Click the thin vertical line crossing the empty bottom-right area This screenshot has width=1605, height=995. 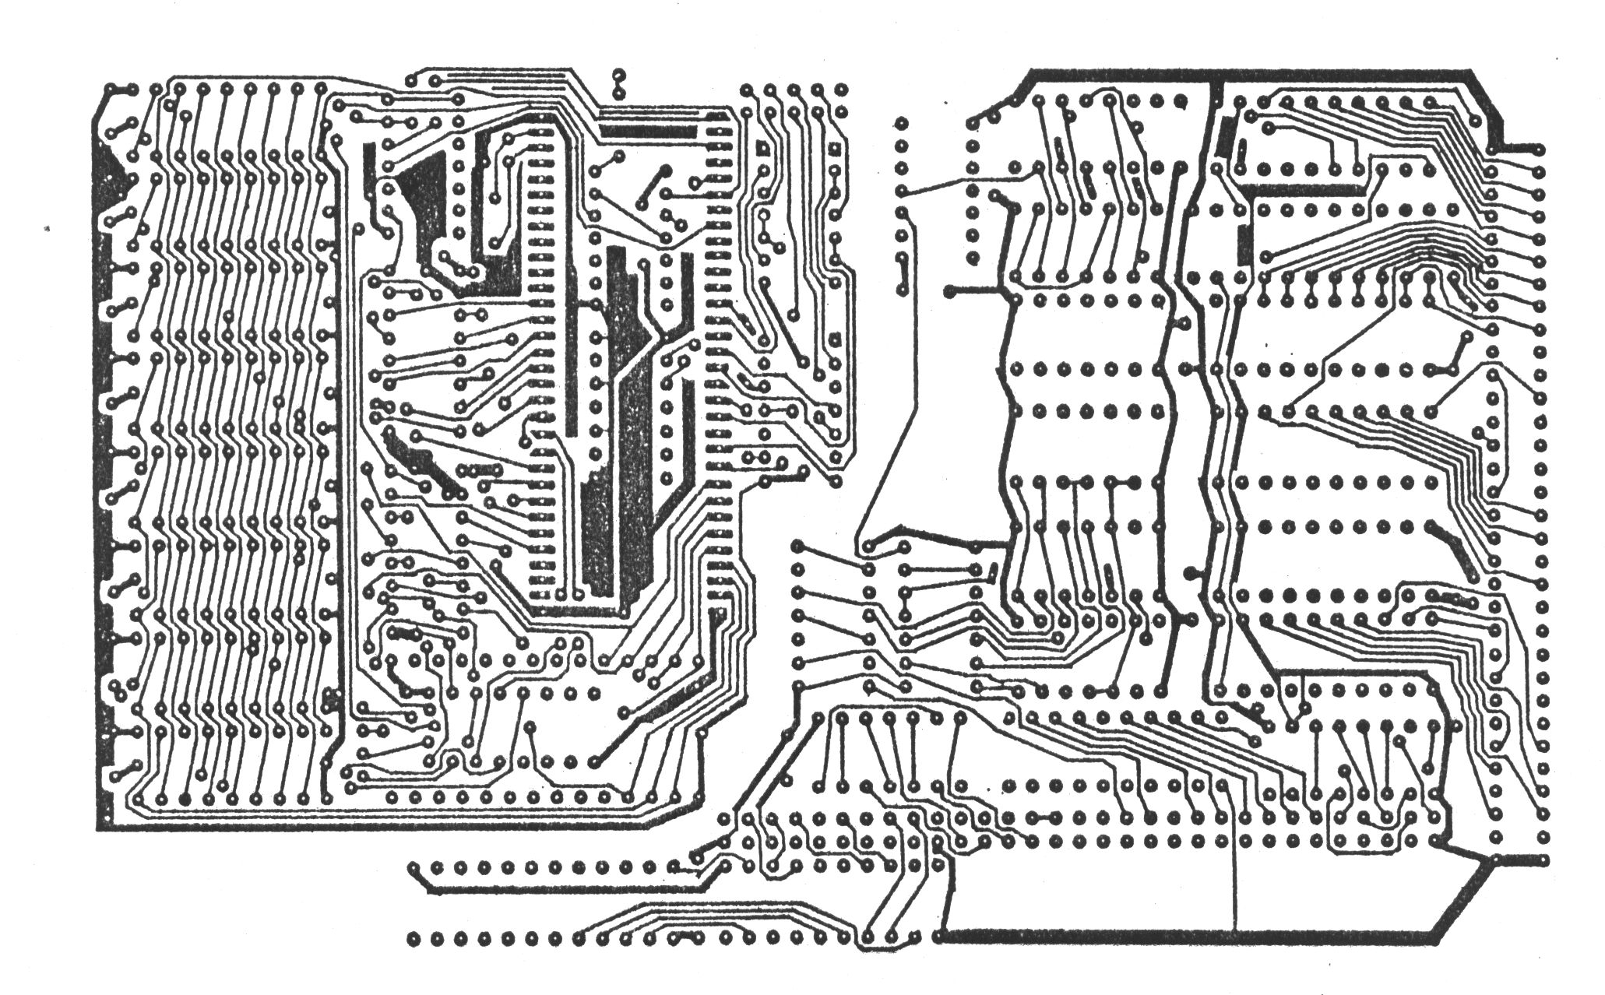pyautogui.click(x=1236, y=888)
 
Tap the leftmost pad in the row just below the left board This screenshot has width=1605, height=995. pyautogui.click(x=414, y=867)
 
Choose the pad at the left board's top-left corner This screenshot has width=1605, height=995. pyautogui.click(x=114, y=89)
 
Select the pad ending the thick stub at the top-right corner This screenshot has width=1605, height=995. pyautogui.click(x=1540, y=149)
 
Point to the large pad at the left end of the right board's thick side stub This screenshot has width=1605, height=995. pyautogui.click(x=949, y=291)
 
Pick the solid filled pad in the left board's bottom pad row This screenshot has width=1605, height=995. pyautogui.click(x=184, y=798)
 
